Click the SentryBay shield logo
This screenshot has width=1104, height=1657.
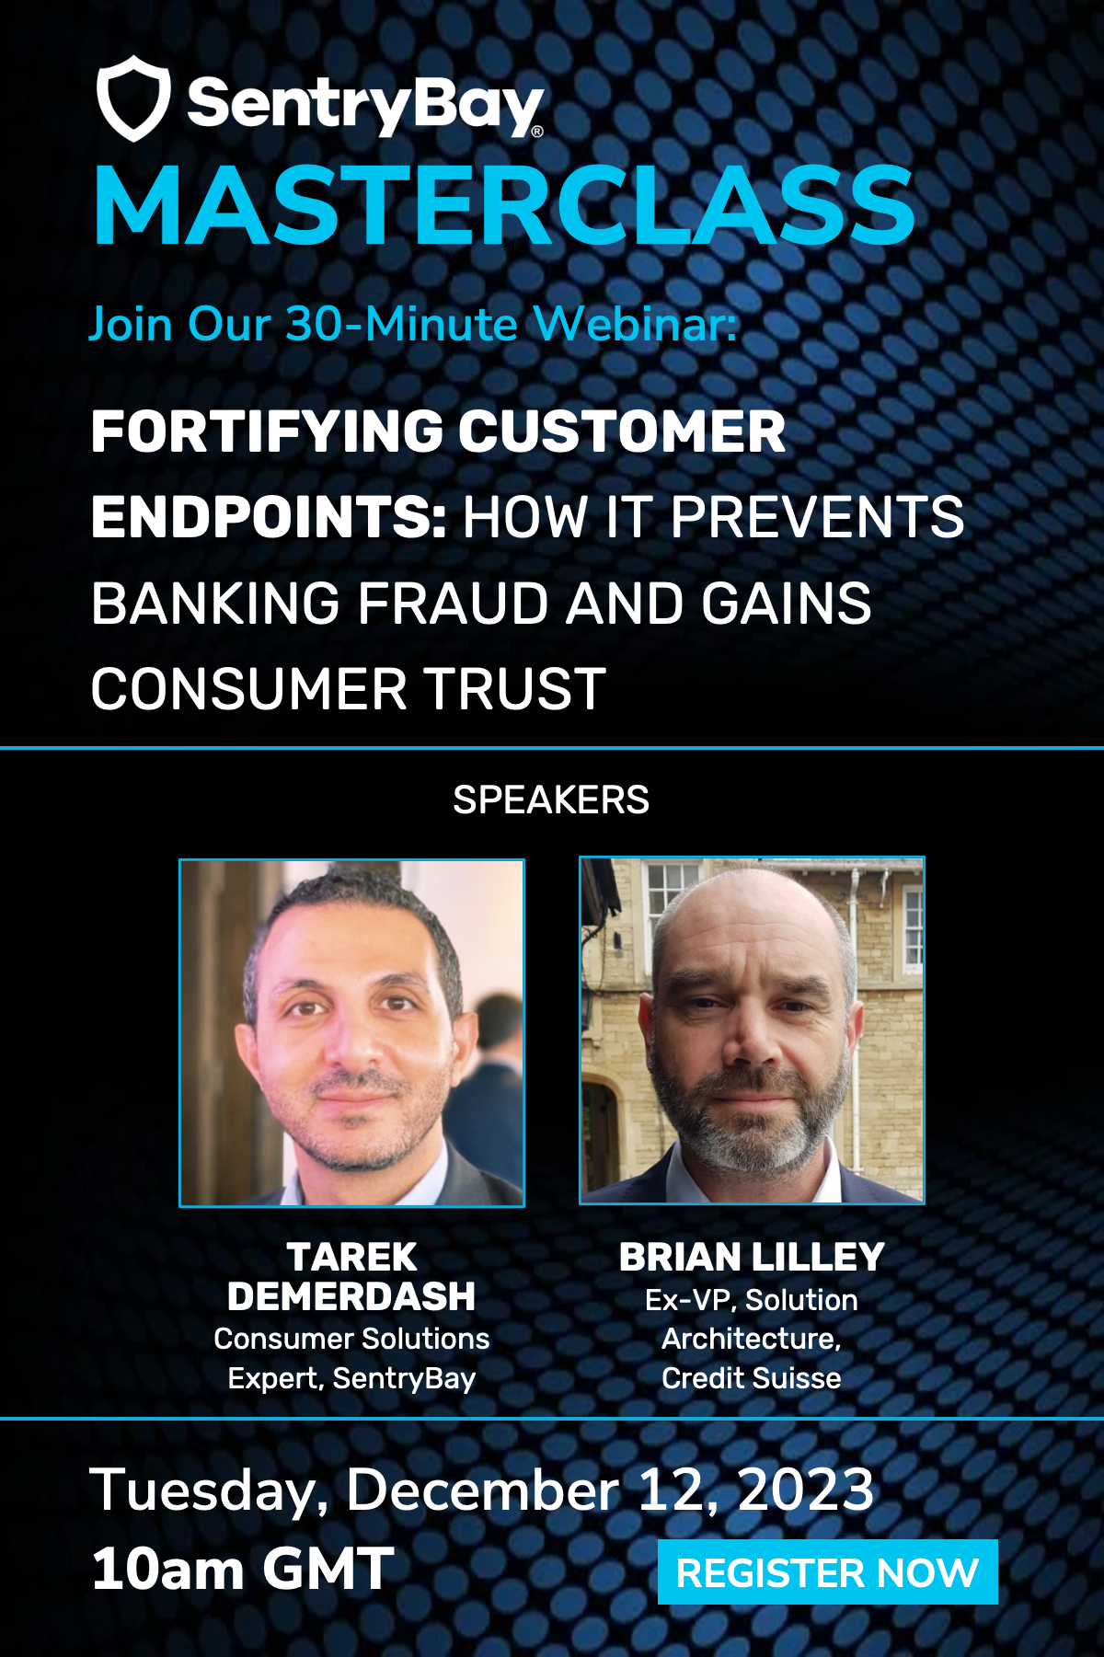(x=133, y=98)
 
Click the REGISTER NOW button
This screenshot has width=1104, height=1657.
(x=827, y=1572)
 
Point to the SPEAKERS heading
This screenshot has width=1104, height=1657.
(x=551, y=800)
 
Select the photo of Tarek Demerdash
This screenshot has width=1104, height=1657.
(x=351, y=1032)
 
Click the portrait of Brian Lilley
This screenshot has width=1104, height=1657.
(x=752, y=1030)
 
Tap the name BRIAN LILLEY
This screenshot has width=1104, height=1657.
(x=752, y=1257)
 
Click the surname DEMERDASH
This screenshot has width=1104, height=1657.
(x=351, y=1296)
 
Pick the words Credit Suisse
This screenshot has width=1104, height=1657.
(x=752, y=1377)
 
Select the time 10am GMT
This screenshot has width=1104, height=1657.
(x=243, y=1568)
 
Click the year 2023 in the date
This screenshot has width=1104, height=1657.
(x=806, y=1490)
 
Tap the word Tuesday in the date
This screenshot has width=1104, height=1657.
(x=209, y=1491)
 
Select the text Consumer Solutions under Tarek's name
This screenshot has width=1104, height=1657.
(x=351, y=1339)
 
